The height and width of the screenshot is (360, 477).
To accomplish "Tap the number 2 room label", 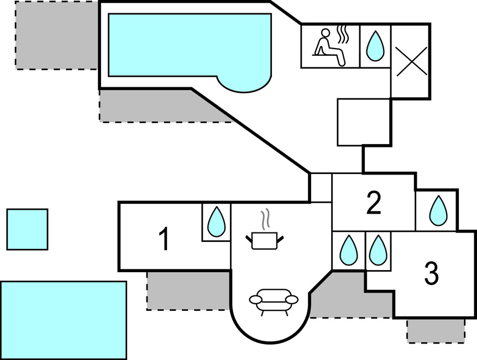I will [x=374, y=203].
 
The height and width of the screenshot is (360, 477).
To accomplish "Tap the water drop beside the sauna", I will [x=375, y=46].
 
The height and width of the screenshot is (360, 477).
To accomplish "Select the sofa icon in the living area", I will [x=273, y=302].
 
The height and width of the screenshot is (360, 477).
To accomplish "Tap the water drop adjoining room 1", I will [x=216, y=221].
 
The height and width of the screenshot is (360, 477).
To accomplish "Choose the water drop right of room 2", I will [x=438, y=210].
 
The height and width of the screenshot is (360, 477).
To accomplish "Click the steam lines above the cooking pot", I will [x=266, y=218].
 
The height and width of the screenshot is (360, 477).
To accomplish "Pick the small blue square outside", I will [x=27, y=229].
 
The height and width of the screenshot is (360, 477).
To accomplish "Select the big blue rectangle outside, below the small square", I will [x=63, y=320].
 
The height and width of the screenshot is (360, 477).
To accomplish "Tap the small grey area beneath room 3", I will [x=436, y=330].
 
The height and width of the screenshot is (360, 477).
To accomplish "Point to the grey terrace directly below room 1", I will [x=188, y=290].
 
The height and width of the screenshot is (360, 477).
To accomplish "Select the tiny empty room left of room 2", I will [x=320, y=188].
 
